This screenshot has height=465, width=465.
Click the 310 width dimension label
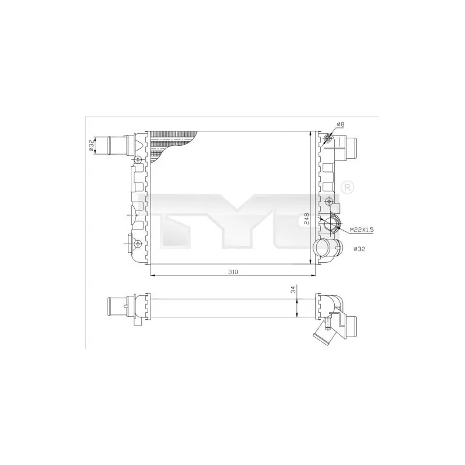point(233,272)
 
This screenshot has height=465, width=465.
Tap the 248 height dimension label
point(306,218)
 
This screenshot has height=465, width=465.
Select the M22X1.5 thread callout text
point(362,230)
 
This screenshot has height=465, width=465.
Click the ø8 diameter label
point(341,124)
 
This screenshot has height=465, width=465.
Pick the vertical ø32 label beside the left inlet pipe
point(91,145)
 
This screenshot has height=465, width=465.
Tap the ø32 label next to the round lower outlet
point(359,249)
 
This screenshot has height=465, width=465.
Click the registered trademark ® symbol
point(348,187)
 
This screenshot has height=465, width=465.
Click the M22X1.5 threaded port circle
point(331,223)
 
